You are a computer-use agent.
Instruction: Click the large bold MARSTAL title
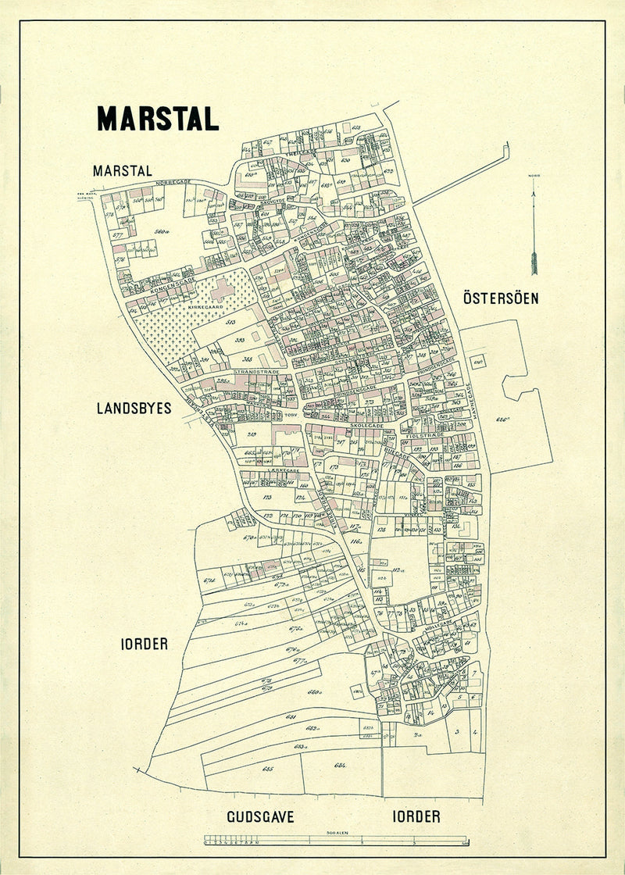coord(157,118)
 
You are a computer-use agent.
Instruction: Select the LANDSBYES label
coord(134,408)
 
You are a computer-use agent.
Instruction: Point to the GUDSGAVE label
coord(260,817)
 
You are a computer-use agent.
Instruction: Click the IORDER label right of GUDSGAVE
coord(415,817)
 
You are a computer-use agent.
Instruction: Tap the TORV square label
coord(292,416)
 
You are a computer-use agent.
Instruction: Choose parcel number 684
coord(339,765)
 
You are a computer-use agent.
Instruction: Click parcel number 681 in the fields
coord(291,716)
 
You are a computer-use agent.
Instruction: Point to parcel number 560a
coord(162,231)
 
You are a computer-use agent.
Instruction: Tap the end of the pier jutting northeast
coord(505,146)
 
